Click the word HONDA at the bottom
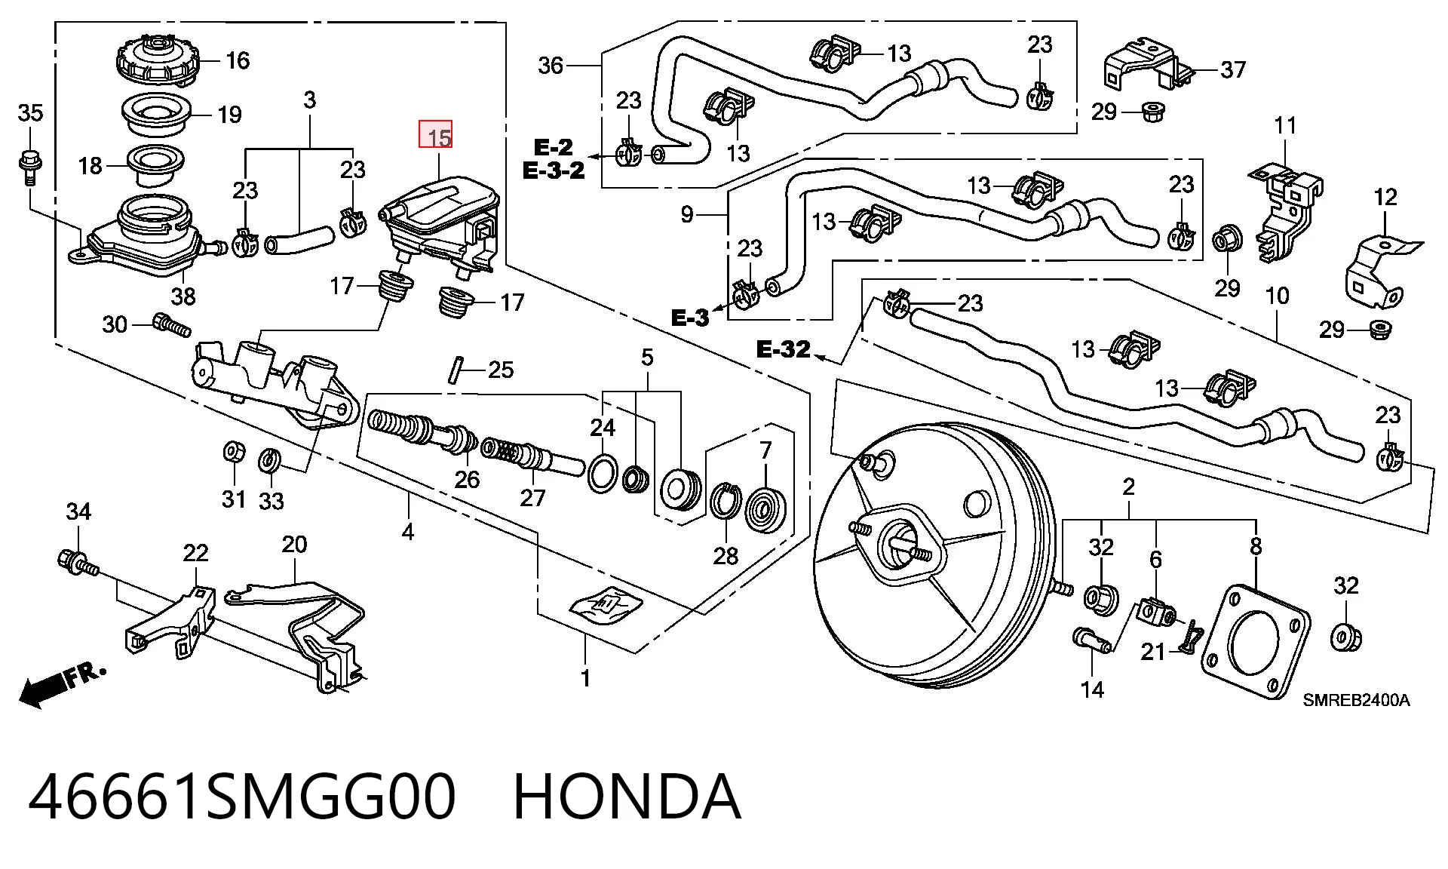pyautogui.click(x=627, y=797)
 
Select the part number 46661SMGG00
pyautogui.click(x=242, y=797)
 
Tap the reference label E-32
pyautogui.click(x=784, y=349)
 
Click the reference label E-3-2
pyautogui.click(x=554, y=170)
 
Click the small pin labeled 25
pyautogui.click(x=455, y=370)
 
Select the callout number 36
pyautogui.click(x=551, y=66)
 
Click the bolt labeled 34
pyautogui.click(x=77, y=563)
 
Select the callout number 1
pyautogui.click(x=585, y=677)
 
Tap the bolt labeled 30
pyautogui.click(x=171, y=326)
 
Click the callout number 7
pyautogui.click(x=766, y=450)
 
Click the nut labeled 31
pyautogui.click(x=235, y=453)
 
